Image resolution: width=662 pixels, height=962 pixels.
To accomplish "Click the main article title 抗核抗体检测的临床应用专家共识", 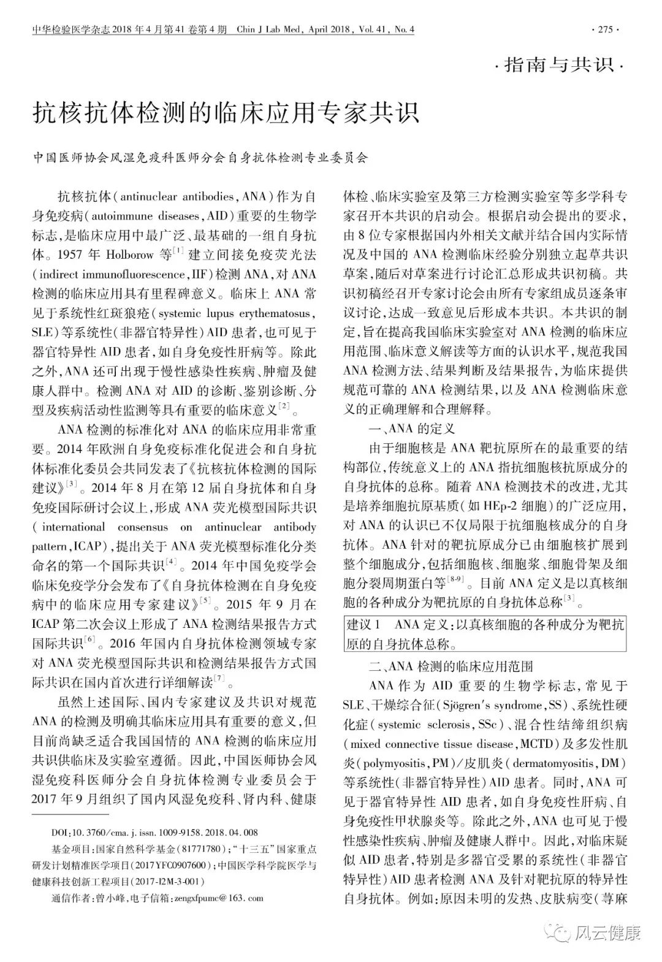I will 226,113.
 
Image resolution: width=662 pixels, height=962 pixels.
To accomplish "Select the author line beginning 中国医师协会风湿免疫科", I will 200,158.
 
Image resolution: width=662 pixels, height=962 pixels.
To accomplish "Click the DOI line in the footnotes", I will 154,833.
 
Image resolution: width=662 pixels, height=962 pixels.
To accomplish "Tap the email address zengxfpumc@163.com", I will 219,898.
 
